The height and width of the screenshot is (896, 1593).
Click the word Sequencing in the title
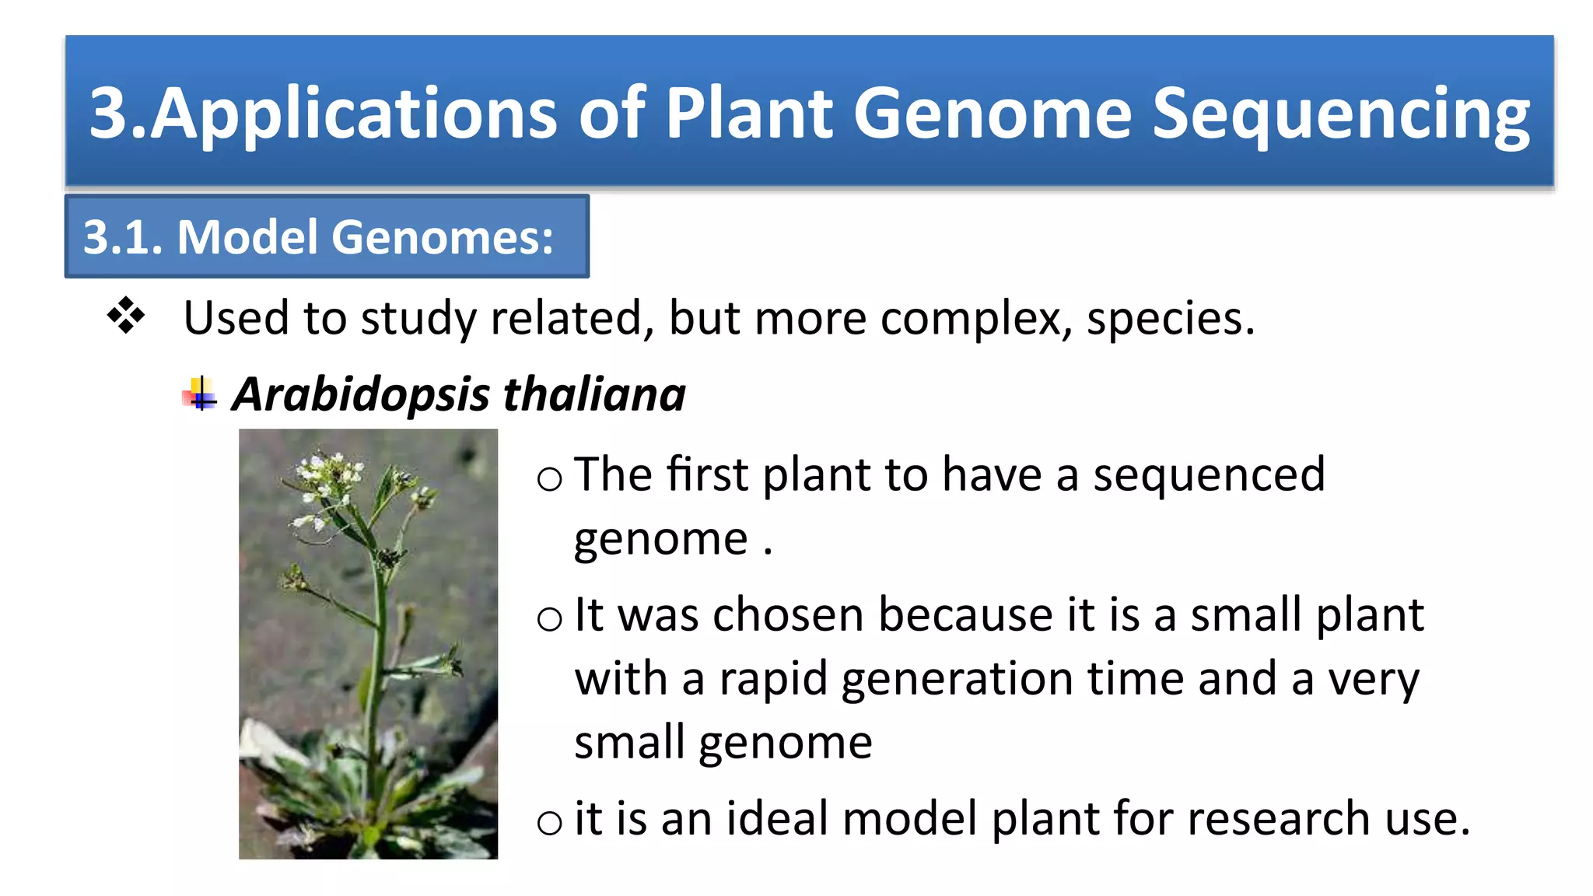tap(1340, 114)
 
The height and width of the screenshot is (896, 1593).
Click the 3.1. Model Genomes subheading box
tap(327, 236)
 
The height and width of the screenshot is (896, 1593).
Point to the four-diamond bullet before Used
tap(126, 317)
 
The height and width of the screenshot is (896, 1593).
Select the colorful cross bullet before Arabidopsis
tap(200, 394)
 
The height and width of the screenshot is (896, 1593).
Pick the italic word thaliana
tap(594, 394)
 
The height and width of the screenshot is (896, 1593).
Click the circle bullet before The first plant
tap(549, 479)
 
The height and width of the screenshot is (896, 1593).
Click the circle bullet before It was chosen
tap(549, 619)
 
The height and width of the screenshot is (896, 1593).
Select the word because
tap(965, 614)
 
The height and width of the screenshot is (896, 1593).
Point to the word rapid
tap(773, 678)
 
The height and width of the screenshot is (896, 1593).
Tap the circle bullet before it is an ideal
tap(549, 823)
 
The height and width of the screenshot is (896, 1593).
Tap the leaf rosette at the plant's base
tap(366, 801)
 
